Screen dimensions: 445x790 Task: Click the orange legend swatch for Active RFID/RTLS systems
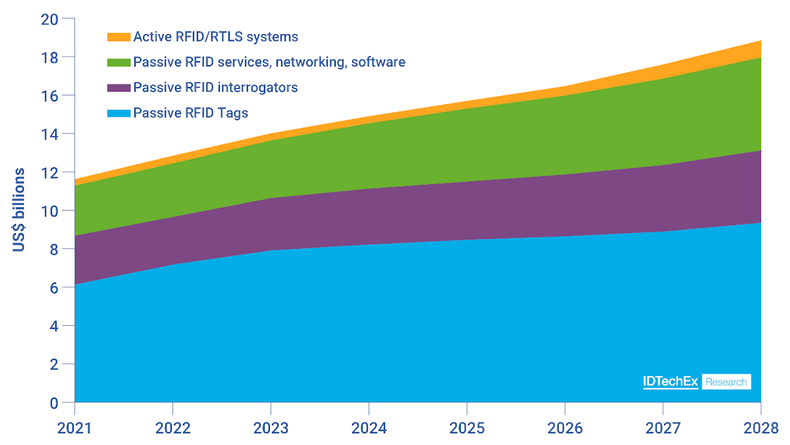[118, 37]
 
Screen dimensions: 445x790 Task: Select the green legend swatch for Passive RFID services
[118, 63]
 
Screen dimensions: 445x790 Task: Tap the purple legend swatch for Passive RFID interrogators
[118, 88]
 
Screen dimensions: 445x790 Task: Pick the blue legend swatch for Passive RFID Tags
[118, 113]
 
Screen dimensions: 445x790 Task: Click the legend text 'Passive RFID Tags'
[190, 113]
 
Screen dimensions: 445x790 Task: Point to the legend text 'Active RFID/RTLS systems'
[215, 37]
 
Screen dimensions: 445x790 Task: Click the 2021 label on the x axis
[74, 429]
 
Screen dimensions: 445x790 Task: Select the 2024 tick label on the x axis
[369, 429]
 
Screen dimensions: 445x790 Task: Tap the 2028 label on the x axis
[761, 429]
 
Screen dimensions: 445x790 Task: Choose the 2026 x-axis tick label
[565, 429]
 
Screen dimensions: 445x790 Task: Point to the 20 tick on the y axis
[49, 20]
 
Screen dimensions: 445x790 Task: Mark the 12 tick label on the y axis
[49, 172]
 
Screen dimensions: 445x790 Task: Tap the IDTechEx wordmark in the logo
[670, 382]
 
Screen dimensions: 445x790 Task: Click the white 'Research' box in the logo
[726, 382]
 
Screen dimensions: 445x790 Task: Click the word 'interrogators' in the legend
[261, 88]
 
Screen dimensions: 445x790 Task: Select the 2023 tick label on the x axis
[271, 429]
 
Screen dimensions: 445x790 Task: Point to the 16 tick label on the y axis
[49, 96]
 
